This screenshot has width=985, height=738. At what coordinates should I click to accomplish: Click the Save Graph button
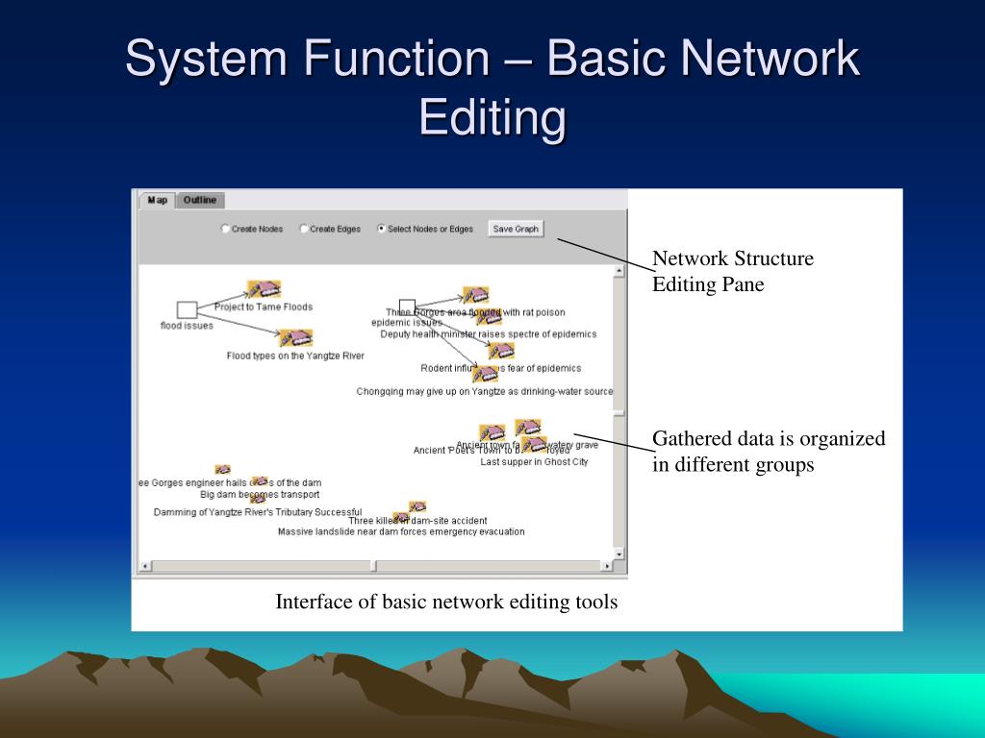click(x=516, y=229)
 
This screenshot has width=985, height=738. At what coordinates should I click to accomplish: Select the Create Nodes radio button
click(x=226, y=229)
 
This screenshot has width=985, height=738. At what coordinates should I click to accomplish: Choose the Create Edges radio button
click(x=304, y=229)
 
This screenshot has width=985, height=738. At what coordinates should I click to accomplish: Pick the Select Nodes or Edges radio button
click(x=382, y=229)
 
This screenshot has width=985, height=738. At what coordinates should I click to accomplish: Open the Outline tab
click(x=200, y=200)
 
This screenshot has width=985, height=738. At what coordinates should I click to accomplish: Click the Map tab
click(x=157, y=200)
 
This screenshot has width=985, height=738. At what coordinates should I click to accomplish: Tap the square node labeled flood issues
click(x=188, y=309)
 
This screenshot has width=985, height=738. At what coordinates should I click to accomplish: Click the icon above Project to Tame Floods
click(x=263, y=289)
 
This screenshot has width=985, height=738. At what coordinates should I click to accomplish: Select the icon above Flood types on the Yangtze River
click(x=295, y=338)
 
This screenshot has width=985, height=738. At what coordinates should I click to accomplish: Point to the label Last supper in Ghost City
click(x=534, y=461)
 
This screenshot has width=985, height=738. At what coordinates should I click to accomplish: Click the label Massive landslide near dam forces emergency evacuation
click(x=401, y=531)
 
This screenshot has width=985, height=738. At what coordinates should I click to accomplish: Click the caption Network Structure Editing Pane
click(x=732, y=271)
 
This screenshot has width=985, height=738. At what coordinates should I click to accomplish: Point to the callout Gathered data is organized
click(x=769, y=452)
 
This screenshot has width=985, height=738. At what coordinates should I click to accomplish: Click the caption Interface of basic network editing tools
click(x=446, y=603)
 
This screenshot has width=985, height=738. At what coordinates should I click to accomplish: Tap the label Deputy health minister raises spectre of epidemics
click(x=488, y=334)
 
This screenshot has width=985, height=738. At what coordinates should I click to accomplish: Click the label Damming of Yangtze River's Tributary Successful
click(x=258, y=512)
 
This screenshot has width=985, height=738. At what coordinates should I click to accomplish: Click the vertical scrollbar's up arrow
click(x=619, y=272)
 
